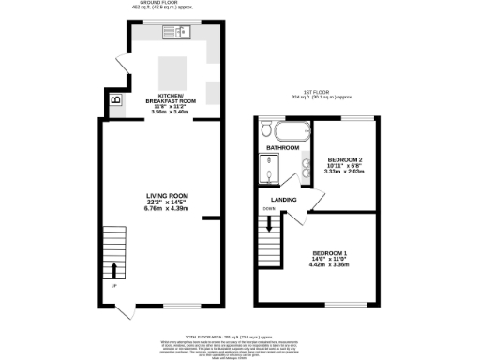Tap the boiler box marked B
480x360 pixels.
point(115,99)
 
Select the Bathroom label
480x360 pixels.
point(282,148)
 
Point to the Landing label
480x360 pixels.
point(284,200)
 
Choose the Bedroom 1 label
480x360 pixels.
point(329,253)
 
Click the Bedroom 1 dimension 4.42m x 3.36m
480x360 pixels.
point(329,264)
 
